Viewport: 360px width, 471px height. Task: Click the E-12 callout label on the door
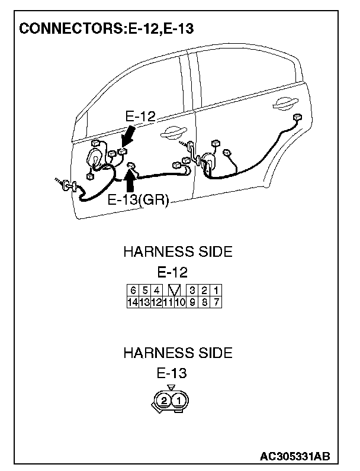point(140,117)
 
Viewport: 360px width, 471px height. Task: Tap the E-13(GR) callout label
point(139,200)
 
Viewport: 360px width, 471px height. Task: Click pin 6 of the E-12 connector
point(133,291)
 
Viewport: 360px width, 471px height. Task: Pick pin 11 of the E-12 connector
point(168,301)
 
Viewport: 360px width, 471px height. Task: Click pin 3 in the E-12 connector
point(192,291)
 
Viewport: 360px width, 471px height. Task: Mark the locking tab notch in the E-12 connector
point(174,291)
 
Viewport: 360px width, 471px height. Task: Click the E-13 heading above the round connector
point(172,373)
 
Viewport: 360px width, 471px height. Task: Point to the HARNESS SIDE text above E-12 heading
point(178,252)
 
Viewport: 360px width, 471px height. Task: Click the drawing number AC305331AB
point(294,457)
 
